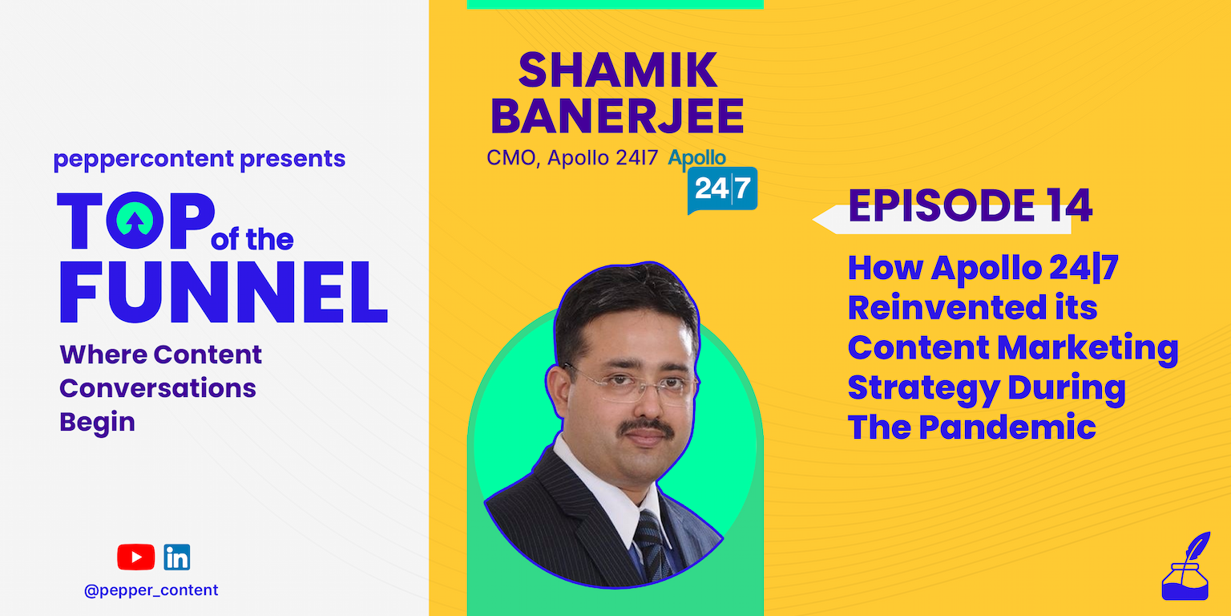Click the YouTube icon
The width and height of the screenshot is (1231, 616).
(135, 557)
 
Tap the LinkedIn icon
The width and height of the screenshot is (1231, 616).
(177, 557)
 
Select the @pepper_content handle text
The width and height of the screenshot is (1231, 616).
(151, 590)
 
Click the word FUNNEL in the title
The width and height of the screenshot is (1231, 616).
(224, 291)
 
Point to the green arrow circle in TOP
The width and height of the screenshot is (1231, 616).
(135, 220)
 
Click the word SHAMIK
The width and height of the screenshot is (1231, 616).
(618, 70)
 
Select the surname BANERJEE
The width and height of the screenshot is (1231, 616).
(616, 116)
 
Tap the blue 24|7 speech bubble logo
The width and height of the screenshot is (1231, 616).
(722, 190)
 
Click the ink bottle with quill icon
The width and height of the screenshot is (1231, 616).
(1185, 566)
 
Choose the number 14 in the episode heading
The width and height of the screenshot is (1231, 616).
(1069, 205)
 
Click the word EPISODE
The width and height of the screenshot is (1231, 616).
(942, 205)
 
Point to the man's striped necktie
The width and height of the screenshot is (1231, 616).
(652, 545)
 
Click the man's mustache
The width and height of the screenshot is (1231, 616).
(648, 428)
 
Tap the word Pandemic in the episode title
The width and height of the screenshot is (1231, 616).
(1007, 428)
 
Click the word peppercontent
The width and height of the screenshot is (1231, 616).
(144, 159)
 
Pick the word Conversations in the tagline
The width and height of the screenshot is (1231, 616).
(158, 388)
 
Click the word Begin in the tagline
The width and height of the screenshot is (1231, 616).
(97, 423)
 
